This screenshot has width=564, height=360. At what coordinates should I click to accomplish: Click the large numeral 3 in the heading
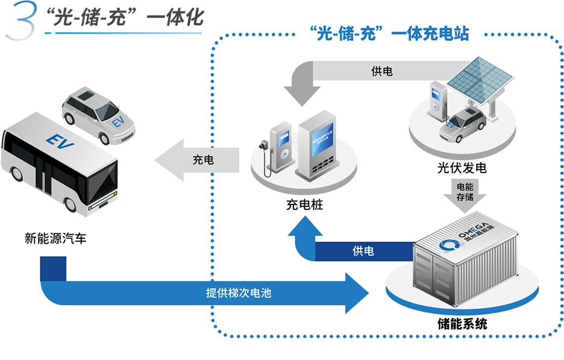pos(22,25)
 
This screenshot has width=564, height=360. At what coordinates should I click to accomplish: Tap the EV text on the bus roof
pos(58,139)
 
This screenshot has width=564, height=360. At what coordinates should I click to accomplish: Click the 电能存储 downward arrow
pos(465,197)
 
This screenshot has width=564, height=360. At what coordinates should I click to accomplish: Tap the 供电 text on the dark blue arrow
pos(363,251)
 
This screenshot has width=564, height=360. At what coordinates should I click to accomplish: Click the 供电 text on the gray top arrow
pos(382,72)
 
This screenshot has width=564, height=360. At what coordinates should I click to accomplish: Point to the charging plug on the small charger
pos(263,146)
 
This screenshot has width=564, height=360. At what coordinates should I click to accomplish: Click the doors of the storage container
pos(433,278)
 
